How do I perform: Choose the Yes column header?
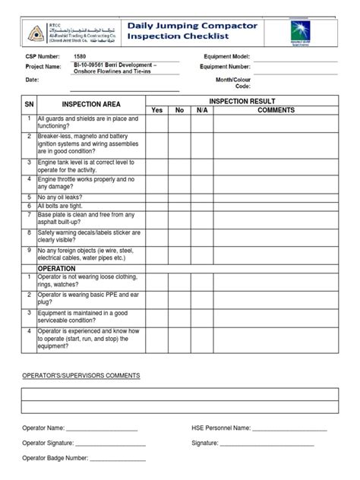point(157,110)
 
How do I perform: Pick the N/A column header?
point(201,110)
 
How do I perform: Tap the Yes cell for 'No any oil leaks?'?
point(157,196)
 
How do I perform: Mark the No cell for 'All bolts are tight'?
point(180,205)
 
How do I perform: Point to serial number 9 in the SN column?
point(28,249)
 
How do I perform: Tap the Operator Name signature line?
point(103,430)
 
